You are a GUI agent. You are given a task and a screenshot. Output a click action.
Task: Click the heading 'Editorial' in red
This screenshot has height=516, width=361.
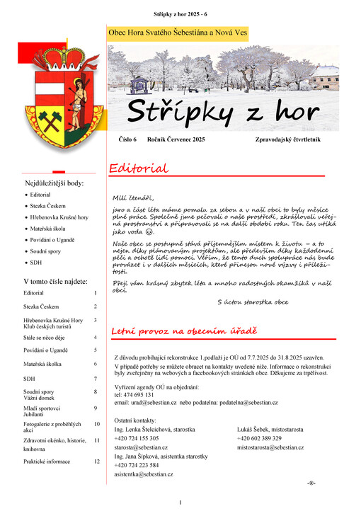click(x=138, y=168)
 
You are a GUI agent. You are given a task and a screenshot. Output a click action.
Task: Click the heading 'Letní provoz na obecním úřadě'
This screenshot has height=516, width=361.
click(x=183, y=331)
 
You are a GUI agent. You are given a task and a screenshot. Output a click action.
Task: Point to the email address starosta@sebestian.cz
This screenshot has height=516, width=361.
click(x=141, y=447)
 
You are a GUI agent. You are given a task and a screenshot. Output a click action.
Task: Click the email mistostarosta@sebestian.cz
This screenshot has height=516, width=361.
click(x=270, y=447)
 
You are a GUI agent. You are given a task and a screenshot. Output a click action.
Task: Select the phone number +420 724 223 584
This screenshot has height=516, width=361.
click(x=137, y=465)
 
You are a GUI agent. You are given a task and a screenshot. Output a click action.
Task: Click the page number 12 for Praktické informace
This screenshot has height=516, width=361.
click(x=97, y=461)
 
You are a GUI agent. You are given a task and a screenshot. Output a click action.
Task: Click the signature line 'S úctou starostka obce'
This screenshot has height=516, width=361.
click(x=253, y=302)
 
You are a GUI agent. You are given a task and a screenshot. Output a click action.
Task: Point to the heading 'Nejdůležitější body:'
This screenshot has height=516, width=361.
click(x=55, y=183)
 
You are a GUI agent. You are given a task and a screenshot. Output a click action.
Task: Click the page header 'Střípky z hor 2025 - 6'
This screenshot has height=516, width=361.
click(x=180, y=14)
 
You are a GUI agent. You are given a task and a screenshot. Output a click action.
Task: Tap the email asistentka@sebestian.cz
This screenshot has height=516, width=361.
click(x=144, y=474)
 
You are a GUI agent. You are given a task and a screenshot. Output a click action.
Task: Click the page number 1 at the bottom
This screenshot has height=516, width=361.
click(x=181, y=503)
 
